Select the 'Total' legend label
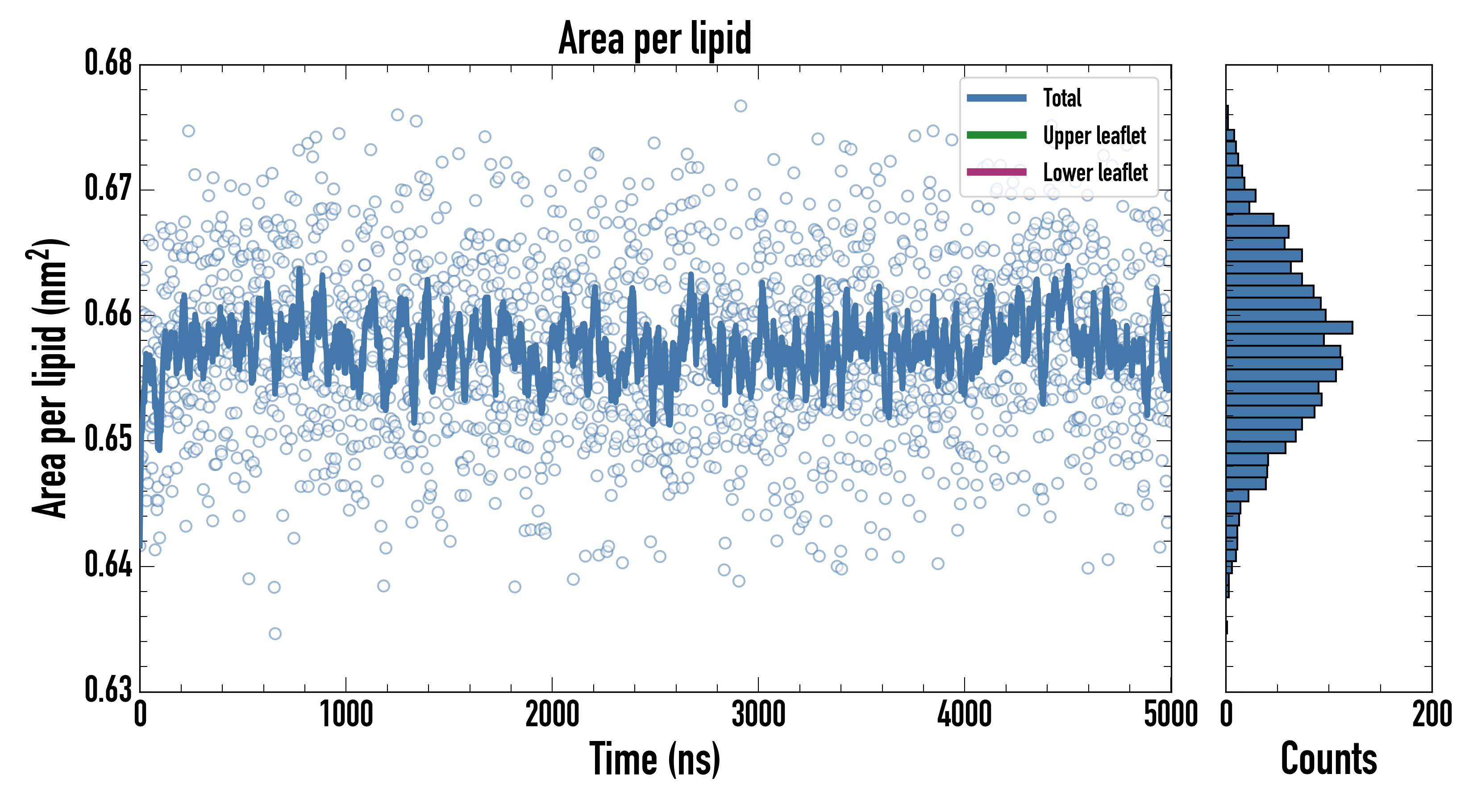point(1062,98)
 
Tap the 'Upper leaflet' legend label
point(1094,136)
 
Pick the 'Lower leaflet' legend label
point(1095,172)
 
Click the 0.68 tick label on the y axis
point(108,63)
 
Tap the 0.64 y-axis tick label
point(108,565)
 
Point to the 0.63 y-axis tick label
point(108,689)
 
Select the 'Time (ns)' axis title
point(655,759)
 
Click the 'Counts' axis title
point(1328,759)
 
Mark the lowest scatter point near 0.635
point(275,633)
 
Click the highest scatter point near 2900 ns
point(741,106)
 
